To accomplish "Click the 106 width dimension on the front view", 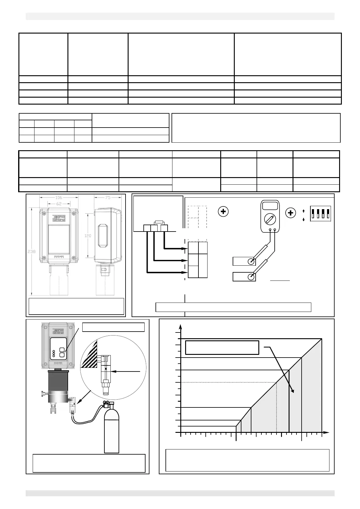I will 59,198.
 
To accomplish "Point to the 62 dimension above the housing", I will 59,204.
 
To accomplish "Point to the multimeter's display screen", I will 270,206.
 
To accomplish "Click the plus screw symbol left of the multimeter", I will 223,212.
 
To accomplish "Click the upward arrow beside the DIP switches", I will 303,211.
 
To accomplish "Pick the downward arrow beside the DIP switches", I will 303,220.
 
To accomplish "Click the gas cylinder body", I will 111,432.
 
